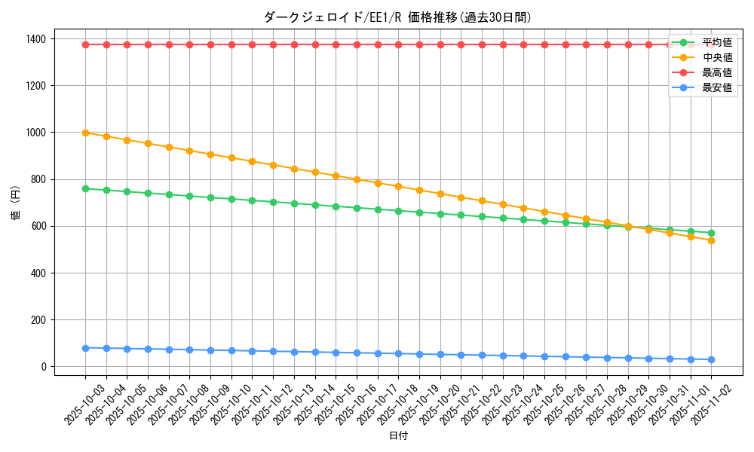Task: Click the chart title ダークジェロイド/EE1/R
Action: coord(397,17)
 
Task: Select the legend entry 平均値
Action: coord(716,42)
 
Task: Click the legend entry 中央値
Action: coord(716,57)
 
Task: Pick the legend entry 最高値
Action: coord(716,72)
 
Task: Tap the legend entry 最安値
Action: coord(716,87)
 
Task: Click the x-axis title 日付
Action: coord(398,436)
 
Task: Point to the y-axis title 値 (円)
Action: coord(16,204)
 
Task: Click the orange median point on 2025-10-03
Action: coord(85,133)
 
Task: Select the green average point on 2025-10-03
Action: coord(85,188)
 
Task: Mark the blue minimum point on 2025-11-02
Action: coord(711,359)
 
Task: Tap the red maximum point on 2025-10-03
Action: coord(85,44)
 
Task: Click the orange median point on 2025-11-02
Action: coord(711,240)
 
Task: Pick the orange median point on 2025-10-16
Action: coord(357,179)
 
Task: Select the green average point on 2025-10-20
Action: coord(440,214)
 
